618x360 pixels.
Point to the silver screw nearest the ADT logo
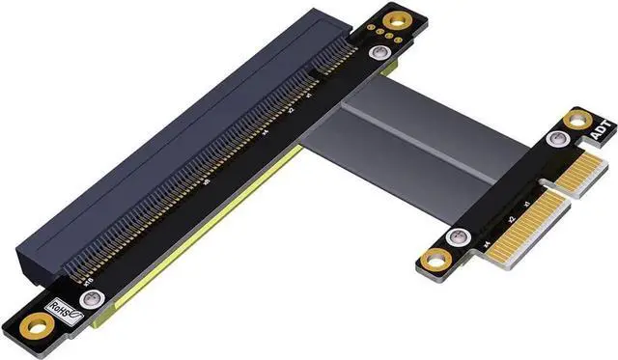tap(553, 140)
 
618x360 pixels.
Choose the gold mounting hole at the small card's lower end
tap(435, 257)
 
